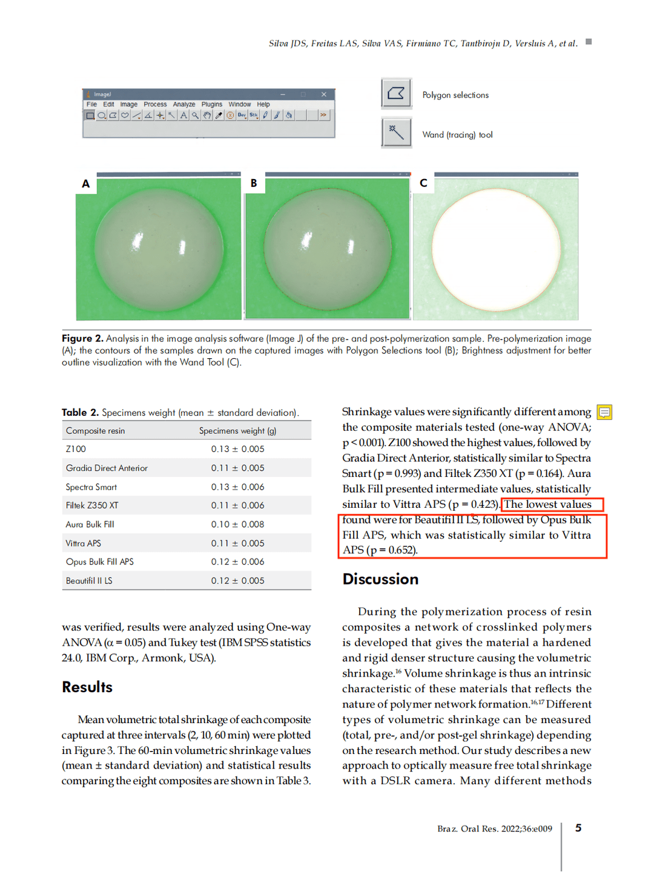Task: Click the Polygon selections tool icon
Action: coord(396,94)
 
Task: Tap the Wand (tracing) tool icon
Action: coord(396,133)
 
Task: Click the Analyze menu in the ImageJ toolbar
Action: coord(184,104)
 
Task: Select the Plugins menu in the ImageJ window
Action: coord(212,104)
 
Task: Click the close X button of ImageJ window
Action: coord(323,94)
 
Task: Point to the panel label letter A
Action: coord(86,184)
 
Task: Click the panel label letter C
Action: coord(423,183)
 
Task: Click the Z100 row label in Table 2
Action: coord(76,449)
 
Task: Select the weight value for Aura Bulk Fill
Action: coord(237,524)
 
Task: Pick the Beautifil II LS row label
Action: coord(89,580)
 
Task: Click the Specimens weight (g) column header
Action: coord(237,431)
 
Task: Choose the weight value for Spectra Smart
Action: coord(237,487)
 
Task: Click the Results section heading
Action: coord(87,687)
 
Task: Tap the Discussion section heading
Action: coord(380,579)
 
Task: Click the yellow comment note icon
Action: coord(604,412)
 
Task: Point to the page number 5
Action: coord(578,828)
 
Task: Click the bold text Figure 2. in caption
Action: coord(82,338)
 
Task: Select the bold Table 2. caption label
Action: coord(80,413)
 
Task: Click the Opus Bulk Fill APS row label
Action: coord(100,562)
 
